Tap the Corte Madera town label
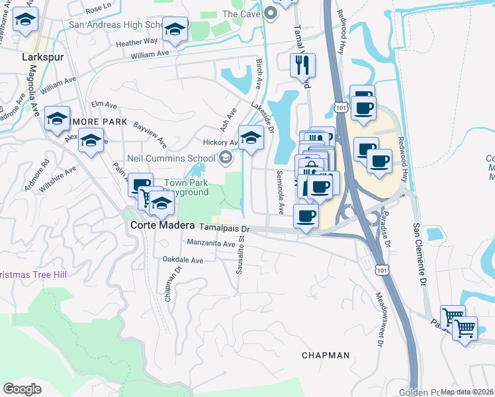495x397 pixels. tap(157, 225)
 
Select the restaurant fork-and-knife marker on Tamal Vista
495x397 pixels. tap(302, 65)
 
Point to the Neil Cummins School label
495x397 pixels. tap(172, 158)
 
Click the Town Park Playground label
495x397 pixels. tap(186, 187)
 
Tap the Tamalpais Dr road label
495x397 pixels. tap(225, 228)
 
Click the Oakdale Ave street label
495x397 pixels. tap(183, 261)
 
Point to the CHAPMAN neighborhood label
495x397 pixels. tap(325, 355)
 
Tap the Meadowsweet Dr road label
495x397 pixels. tap(381, 320)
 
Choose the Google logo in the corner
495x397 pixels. tap(22, 388)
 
